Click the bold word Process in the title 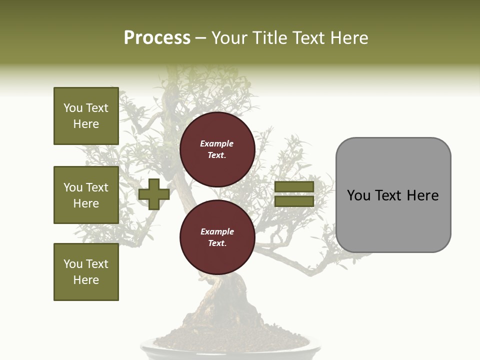point(157,38)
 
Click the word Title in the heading point(270,38)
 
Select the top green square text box point(86,116)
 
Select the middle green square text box point(86,195)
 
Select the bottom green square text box point(86,272)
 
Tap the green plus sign point(154,194)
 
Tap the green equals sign point(294,194)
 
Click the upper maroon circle point(217,149)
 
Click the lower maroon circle point(217,237)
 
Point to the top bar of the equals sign point(294,187)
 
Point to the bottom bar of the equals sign point(294,201)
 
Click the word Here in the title point(349,38)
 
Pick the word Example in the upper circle point(217,144)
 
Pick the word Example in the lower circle point(217,232)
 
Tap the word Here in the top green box point(86,124)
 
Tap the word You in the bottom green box point(73,264)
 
